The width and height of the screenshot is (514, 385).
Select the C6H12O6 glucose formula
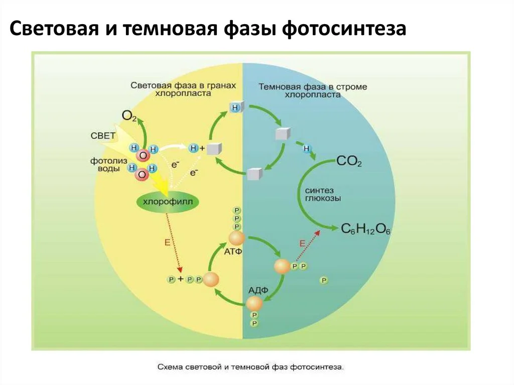coord(366,229)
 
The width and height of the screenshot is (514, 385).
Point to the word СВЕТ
coord(103,136)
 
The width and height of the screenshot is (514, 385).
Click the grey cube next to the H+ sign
coord(214,149)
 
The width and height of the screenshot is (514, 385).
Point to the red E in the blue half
coord(302,243)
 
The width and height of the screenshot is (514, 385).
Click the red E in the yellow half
coord(168,242)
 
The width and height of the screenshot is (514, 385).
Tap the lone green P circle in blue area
coord(324,280)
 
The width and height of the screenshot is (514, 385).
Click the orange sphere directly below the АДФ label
coord(254,303)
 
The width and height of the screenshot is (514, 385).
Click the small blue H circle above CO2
coord(306,149)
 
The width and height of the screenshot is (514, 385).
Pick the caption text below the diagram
coord(250,367)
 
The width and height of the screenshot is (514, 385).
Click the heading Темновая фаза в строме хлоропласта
coord(313,90)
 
